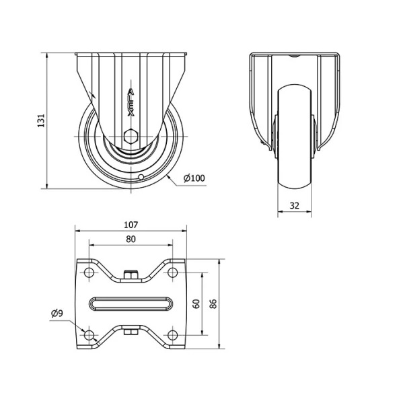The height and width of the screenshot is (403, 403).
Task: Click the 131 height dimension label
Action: coord(41,120)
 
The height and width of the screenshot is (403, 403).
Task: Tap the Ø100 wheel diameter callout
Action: coord(194,178)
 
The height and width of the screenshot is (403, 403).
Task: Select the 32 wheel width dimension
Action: coord(295,206)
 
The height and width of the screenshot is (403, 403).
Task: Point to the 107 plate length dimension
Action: coord(131,225)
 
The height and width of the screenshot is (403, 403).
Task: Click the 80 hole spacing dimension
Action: coord(131,240)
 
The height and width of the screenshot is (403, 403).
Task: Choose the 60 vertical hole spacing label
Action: coord(196,304)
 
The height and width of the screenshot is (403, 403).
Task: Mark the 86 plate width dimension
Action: coord(213,304)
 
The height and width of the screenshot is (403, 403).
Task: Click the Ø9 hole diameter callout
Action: coord(57,314)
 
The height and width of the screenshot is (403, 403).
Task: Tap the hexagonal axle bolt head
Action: coord(131,136)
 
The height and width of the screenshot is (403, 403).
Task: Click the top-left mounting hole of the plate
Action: coord(89,272)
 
